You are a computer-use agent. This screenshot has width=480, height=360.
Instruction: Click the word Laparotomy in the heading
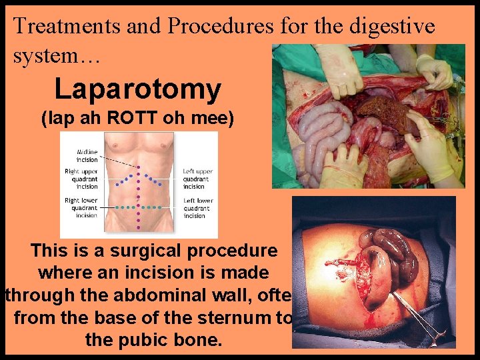137,89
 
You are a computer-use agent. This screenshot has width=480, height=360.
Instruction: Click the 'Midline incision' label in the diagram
87,155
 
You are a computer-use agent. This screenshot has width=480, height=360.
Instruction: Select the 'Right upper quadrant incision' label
81,179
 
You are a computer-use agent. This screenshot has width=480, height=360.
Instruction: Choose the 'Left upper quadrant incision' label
198,179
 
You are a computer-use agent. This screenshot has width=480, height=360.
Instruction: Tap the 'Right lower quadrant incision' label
81,208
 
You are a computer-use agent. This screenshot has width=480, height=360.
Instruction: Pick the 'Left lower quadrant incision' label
198,208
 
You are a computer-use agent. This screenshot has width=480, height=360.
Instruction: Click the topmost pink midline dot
139,167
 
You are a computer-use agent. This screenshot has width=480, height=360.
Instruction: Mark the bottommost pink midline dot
139,227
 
